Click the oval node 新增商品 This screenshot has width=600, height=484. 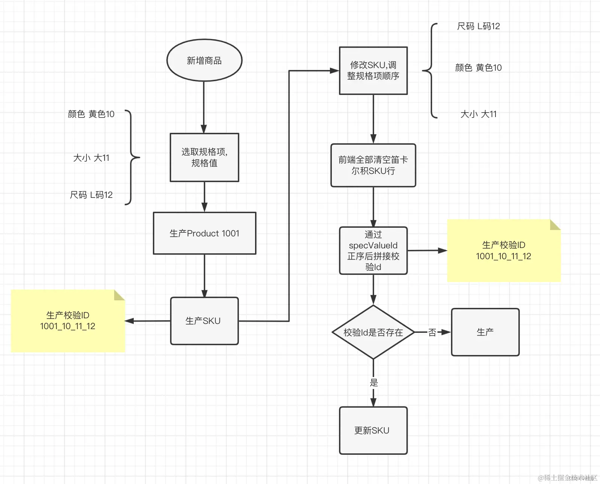click(204, 61)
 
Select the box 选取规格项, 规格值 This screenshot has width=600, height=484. click(204, 157)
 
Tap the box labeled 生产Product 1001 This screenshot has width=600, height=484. click(204, 233)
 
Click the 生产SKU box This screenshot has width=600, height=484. click(204, 321)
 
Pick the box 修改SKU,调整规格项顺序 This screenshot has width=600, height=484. click(373, 71)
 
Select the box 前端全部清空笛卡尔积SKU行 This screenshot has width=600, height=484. click(373, 165)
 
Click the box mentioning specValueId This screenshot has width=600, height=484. click(373, 251)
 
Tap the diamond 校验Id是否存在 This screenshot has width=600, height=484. click(373, 332)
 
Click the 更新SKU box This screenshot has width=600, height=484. click(373, 431)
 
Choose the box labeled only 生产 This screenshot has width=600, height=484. click(485, 332)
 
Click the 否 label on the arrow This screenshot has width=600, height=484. click(432, 332)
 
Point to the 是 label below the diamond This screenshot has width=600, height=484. click(374, 383)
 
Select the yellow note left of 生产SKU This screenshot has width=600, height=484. click(68, 321)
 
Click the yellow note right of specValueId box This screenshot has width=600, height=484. click(504, 251)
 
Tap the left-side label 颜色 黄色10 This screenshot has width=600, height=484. click(91, 114)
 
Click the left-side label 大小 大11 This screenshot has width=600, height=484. click(91, 158)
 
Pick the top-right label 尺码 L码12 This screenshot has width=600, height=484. click(478, 26)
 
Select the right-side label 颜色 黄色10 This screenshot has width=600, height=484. click(478, 68)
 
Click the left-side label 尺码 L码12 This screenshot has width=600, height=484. click(91, 195)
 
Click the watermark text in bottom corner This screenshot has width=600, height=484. click(567, 478)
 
